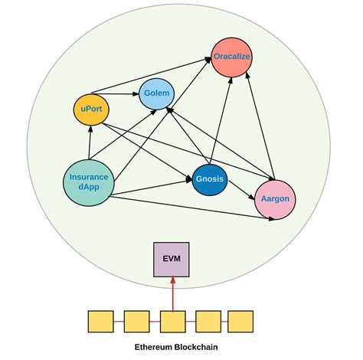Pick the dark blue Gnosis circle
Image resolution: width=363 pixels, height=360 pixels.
209,178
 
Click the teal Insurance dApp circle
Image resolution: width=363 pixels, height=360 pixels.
89,182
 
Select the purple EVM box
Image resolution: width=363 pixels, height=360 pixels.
172,259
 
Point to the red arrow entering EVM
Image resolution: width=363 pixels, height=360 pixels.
172,295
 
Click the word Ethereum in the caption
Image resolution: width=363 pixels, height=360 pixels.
154,347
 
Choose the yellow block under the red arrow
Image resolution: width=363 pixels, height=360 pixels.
172,321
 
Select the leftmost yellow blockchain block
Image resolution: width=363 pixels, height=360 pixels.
100,321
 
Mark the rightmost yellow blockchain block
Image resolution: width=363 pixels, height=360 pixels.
240,321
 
